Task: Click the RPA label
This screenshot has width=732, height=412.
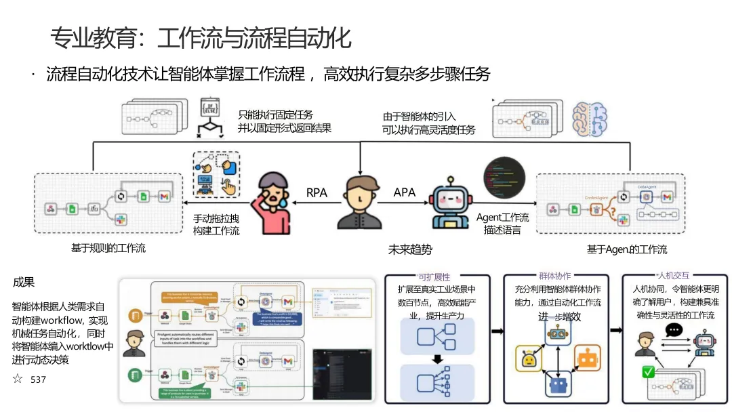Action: [x=317, y=193]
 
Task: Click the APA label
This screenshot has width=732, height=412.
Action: [x=404, y=193]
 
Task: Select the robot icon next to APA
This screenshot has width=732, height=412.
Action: [x=449, y=203]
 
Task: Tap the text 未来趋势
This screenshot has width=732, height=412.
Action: [x=409, y=249]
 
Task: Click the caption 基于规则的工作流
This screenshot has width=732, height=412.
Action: [x=108, y=248]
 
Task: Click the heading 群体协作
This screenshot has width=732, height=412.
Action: [x=554, y=276]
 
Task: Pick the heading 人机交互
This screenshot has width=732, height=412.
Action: [x=674, y=276]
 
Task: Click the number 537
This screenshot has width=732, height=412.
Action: [x=38, y=379]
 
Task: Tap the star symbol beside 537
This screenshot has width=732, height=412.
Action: [x=18, y=379]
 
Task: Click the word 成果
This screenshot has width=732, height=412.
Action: [x=24, y=283]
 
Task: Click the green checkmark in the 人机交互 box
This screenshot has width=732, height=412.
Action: [x=649, y=372]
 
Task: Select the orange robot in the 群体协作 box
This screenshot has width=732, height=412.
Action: [x=587, y=357]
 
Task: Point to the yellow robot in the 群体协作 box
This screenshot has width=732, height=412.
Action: [x=528, y=358]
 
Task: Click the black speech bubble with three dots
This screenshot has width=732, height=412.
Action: [x=674, y=331]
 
